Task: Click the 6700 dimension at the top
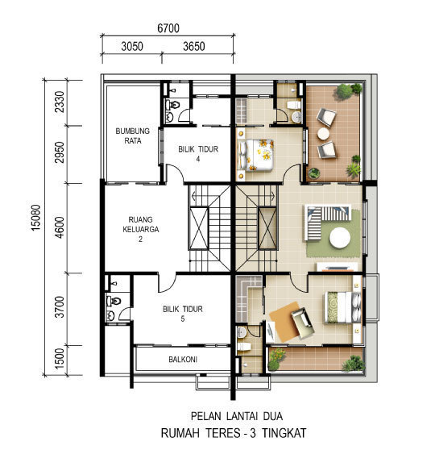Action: coord(168,28)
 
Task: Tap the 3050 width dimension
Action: coord(132,46)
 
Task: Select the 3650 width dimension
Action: coord(194,46)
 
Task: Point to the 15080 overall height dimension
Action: coord(36,218)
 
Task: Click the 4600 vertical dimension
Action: coord(60,227)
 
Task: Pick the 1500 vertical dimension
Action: coord(60,359)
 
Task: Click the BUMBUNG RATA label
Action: coord(133,135)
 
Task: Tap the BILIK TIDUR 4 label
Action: coord(198,154)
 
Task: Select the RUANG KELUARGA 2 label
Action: coord(141,229)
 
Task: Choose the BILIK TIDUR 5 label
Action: coord(183,314)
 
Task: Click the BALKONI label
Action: coord(183,360)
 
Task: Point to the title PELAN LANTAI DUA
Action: coord(237,416)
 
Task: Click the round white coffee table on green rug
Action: coord(340,237)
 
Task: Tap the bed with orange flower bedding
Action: coord(255,155)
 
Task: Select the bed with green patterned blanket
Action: coord(343,307)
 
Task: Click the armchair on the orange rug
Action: coord(302,323)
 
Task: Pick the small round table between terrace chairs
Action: coord(323,134)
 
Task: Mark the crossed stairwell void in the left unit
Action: coord(199,228)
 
